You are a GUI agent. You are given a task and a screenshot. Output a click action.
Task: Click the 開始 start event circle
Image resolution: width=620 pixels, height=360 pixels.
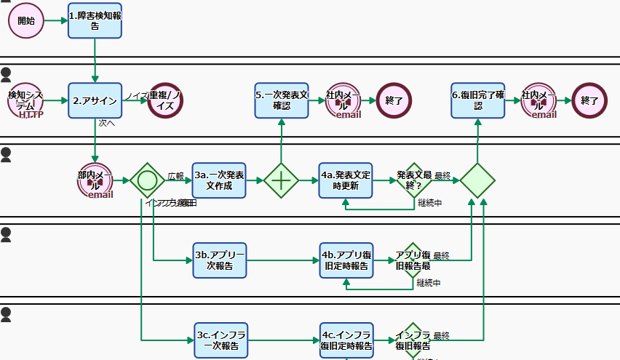tap(25, 20)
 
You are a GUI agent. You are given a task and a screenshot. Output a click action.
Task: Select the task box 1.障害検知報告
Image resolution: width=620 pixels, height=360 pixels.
tap(95, 20)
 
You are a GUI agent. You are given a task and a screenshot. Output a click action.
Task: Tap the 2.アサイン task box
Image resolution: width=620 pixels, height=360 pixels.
tap(95, 100)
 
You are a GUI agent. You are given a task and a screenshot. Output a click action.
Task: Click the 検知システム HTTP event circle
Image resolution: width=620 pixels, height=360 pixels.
tap(25, 100)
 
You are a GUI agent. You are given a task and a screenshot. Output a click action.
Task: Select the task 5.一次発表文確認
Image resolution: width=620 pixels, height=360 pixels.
tap(282, 100)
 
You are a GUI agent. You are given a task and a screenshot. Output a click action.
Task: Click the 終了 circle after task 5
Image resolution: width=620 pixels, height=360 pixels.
tap(394, 100)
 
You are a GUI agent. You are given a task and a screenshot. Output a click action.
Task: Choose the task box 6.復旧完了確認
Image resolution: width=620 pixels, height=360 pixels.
tap(477, 100)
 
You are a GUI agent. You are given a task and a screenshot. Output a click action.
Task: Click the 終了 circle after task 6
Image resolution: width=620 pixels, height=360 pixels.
tap(590, 100)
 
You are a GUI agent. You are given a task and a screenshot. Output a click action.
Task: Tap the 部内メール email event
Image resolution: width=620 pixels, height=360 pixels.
tap(95, 180)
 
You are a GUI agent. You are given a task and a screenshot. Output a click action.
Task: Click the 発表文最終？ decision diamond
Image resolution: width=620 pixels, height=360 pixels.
tap(413, 180)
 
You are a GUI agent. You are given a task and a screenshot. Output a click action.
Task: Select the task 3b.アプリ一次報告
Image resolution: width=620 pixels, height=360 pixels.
tap(220, 260)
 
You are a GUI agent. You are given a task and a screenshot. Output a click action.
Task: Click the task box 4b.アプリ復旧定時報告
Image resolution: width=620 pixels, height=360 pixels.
tap(346, 260)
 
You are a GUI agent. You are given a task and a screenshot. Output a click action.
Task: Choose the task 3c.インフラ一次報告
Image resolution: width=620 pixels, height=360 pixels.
tap(220, 340)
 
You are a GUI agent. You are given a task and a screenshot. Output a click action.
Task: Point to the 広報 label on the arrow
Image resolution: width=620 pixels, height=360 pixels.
tap(176, 176)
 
